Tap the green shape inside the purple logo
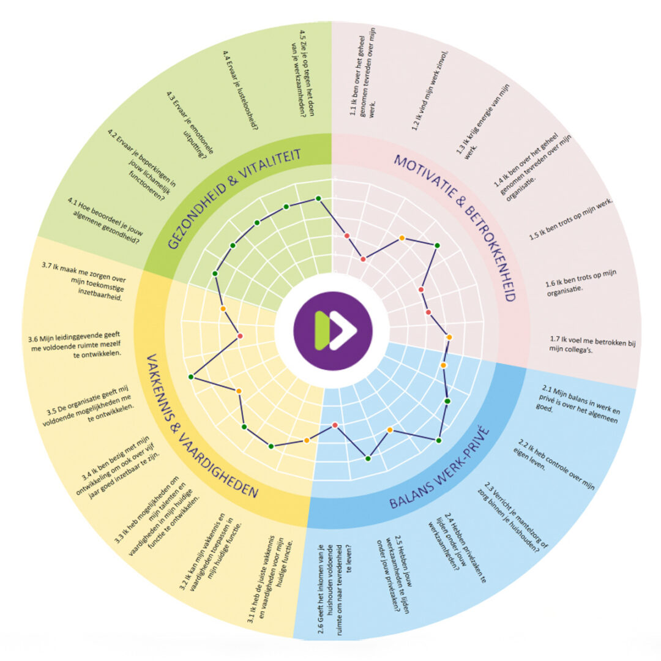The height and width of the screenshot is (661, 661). pos(323,330)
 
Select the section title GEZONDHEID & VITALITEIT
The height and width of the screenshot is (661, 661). pos(234,198)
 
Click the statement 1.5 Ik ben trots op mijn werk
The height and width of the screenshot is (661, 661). pos(571,220)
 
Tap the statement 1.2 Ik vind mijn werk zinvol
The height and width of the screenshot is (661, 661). pos(430,91)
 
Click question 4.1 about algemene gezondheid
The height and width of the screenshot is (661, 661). pos(106,220)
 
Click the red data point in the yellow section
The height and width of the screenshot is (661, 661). pos(241,336)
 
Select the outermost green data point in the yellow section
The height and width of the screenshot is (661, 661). pos(191,376)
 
